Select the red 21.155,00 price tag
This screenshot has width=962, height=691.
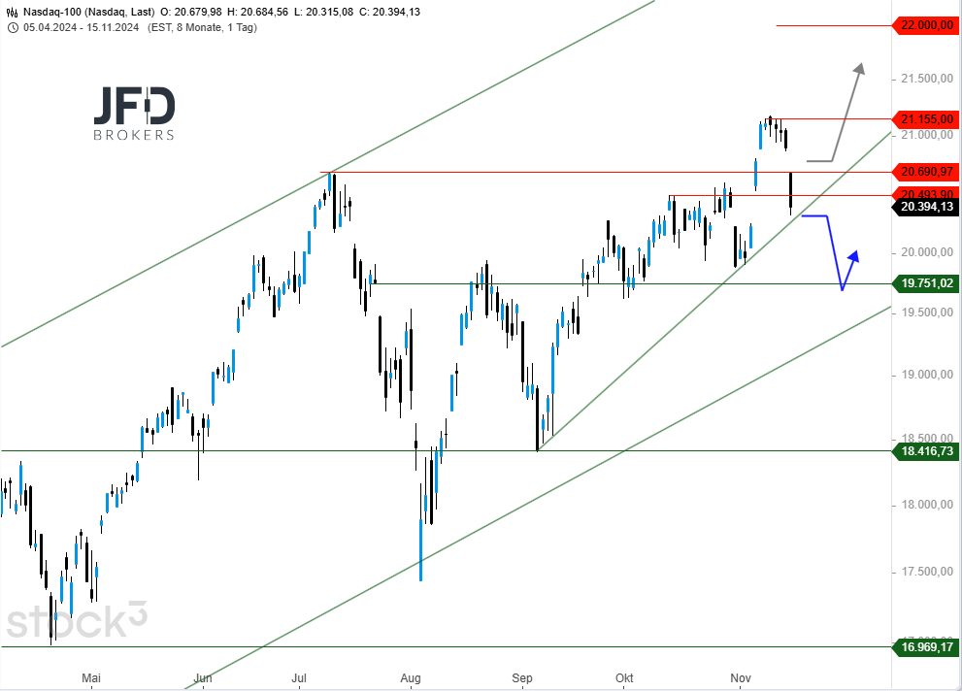click(924, 118)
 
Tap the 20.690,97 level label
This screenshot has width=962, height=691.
click(924, 172)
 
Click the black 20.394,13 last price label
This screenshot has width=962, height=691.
click(924, 207)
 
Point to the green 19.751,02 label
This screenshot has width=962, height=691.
click(924, 283)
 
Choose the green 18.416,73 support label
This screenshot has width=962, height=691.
click(924, 451)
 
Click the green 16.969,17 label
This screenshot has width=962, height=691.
click(924, 646)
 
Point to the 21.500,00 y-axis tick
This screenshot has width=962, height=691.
click(924, 79)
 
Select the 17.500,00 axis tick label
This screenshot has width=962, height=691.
click(924, 572)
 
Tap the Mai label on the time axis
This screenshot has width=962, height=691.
click(91, 677)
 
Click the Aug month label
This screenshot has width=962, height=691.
click(411, 677)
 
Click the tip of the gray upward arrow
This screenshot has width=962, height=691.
click(860, 65)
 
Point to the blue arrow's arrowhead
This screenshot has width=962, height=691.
click(855, 255)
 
